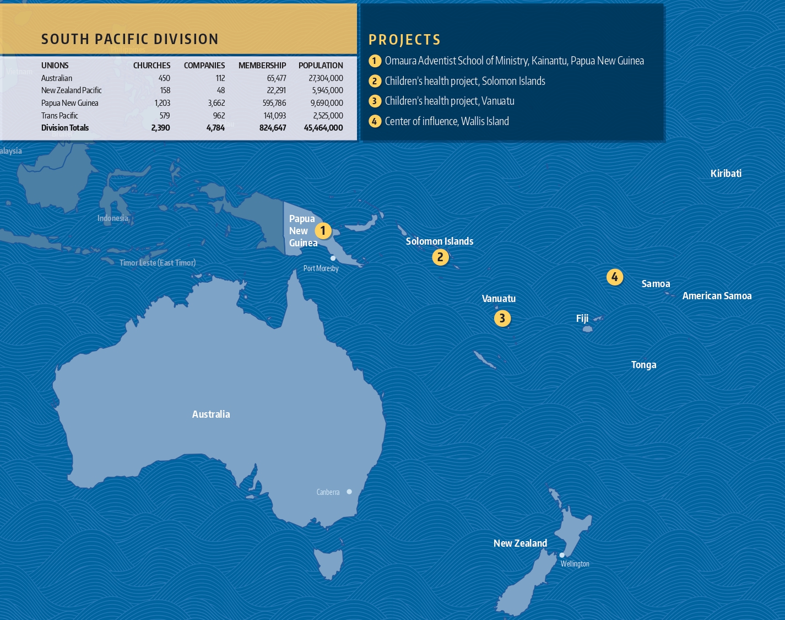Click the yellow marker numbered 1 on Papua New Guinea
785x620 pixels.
(323, 231)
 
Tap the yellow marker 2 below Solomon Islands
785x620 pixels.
(440, 257)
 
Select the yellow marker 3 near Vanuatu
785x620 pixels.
(502, 318)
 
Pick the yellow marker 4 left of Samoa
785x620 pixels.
(615, 277)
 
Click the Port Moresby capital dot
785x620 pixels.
(333, 258)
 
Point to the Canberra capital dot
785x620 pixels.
(349, 492)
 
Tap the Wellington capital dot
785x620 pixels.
(562, 555)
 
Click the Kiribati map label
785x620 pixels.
(726, 174)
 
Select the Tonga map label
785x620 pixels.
(643, 365)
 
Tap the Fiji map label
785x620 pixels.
(582, 319)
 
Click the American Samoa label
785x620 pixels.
(717, 296)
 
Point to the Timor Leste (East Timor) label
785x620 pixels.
(158, 263)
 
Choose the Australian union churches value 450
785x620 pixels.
(164, 78)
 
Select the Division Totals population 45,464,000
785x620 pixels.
(323, 128)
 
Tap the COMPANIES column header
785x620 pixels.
(204, 66)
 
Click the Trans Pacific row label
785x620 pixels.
(59, 116)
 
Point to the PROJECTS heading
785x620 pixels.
(404, 40)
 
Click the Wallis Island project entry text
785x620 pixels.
(447, 121)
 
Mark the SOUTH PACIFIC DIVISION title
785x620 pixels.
(130, 39)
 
